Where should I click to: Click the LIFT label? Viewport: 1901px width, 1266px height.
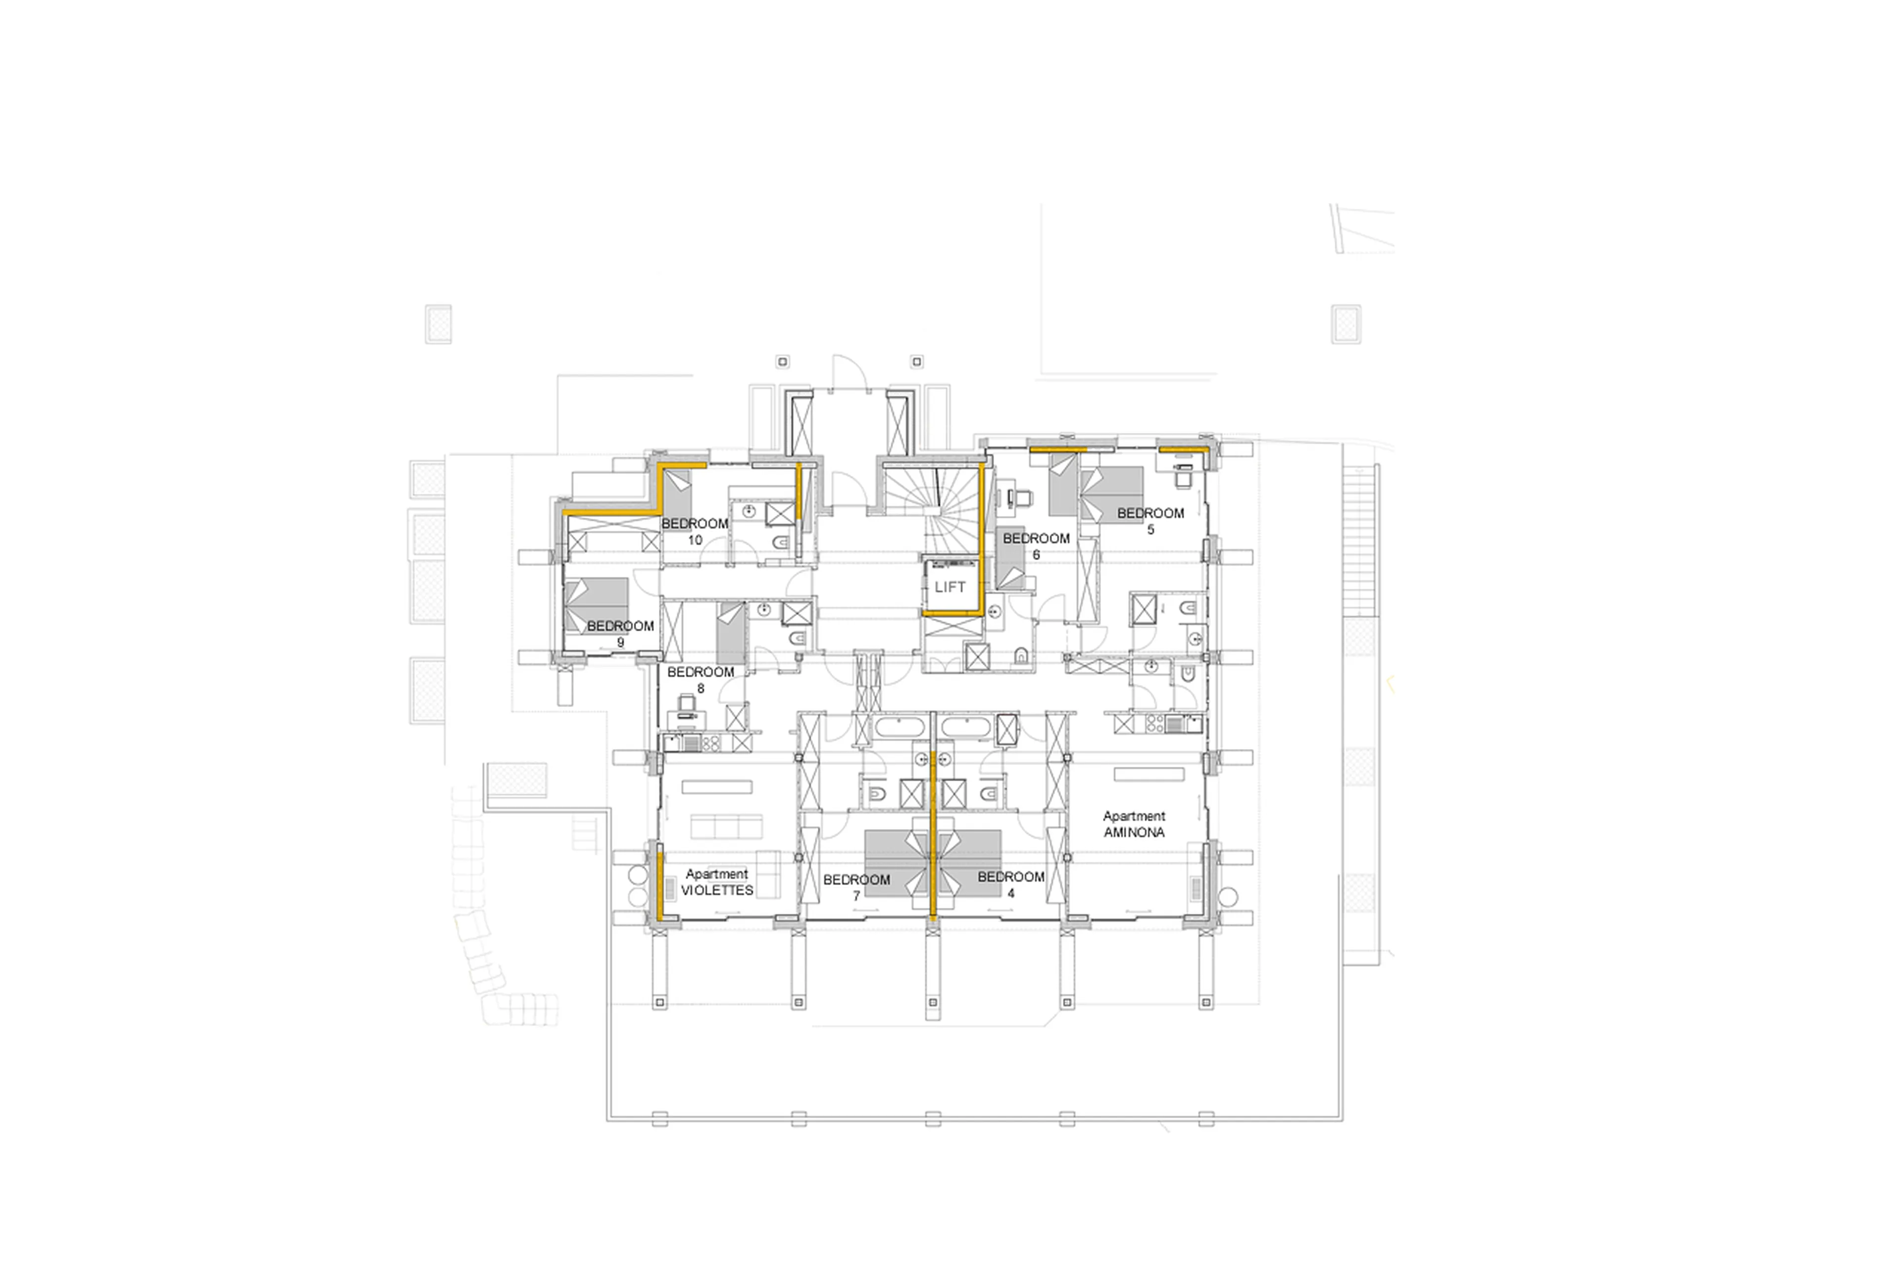tap(950, 587)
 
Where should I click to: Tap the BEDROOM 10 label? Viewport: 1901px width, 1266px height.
tap(695, 531)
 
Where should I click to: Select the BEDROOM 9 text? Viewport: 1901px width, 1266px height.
tap(620, 634)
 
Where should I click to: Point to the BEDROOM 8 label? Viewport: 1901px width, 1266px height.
tap(700, 680)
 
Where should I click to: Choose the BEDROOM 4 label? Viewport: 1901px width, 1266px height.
tap(1011, 884)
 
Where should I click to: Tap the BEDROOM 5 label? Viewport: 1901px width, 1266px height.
tap(1151, 521)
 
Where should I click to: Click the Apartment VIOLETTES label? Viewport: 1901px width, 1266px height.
tap(717, 882)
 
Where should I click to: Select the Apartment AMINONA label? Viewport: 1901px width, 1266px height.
tap(1134, 824)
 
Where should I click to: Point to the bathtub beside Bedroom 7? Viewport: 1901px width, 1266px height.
tap(900, 727)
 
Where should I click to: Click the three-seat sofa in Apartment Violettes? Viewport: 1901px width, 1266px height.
tap(726, 827)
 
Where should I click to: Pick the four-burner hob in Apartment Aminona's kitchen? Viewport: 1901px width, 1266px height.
tap(1152, 723)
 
